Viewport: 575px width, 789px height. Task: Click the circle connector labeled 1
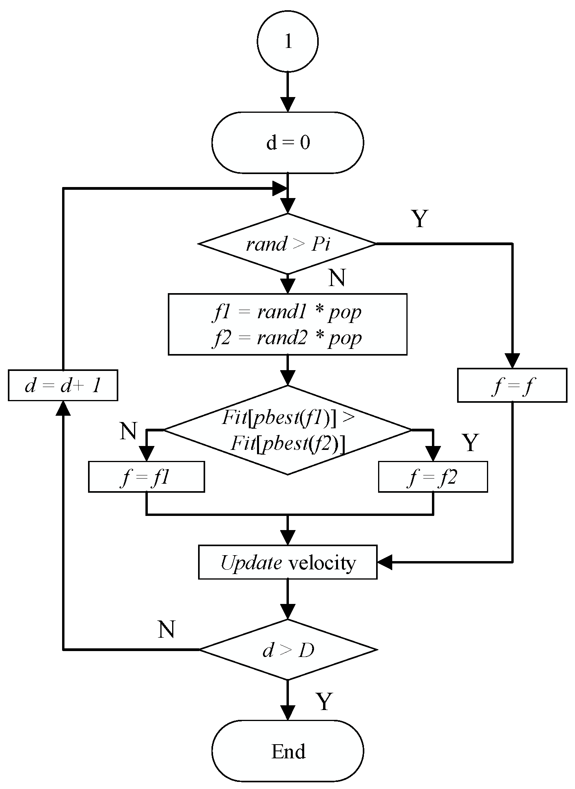pos(288,41)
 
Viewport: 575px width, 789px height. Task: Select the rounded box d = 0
pos(288,142)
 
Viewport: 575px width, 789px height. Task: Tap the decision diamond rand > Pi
pos(288,244)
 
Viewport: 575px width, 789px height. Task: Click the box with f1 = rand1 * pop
pos(288,324)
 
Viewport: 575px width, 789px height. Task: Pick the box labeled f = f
pos(512,385)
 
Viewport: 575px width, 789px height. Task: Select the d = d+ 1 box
pos(63,385)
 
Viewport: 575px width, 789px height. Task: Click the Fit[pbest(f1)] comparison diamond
pos(288,430)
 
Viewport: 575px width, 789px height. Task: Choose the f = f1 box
pos(146,477)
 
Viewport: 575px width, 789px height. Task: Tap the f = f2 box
pos(433,477)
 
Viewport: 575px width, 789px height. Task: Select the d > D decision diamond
pos(288,650)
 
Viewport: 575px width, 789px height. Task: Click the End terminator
pos(288,751)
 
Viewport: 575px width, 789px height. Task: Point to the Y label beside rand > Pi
pos(419,219)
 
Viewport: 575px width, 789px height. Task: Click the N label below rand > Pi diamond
pos(337,278)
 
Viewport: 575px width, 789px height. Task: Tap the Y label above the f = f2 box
pos(470,443)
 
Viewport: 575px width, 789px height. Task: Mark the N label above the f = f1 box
pos(129,431)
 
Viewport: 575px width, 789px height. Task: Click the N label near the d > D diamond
pos(166,629)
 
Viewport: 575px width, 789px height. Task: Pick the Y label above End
pos(324,702)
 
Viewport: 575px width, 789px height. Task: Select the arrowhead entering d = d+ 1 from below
pos(63,409)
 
